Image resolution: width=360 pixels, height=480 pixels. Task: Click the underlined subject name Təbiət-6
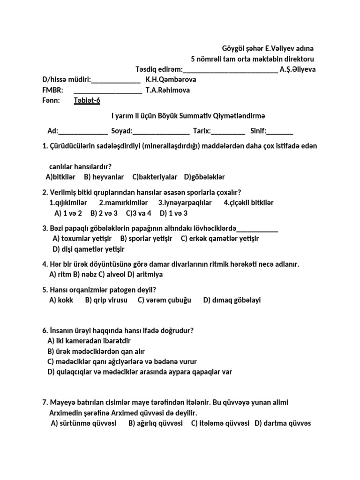87,100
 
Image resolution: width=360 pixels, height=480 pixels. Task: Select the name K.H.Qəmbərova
171,80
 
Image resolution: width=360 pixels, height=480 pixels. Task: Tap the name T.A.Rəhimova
167,90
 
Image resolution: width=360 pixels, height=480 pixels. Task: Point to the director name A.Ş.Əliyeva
297,69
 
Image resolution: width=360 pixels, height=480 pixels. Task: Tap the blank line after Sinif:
280,131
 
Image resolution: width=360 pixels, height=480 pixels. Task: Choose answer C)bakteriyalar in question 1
155,177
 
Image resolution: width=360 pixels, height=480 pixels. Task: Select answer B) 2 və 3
104,213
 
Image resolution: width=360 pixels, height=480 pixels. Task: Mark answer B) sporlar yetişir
146,239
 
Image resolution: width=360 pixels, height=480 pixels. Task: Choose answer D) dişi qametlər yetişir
89,249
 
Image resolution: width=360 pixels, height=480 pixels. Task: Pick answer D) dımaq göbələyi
232,300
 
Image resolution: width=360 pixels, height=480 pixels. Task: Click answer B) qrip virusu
106,300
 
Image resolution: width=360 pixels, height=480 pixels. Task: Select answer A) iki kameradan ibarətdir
89,341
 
